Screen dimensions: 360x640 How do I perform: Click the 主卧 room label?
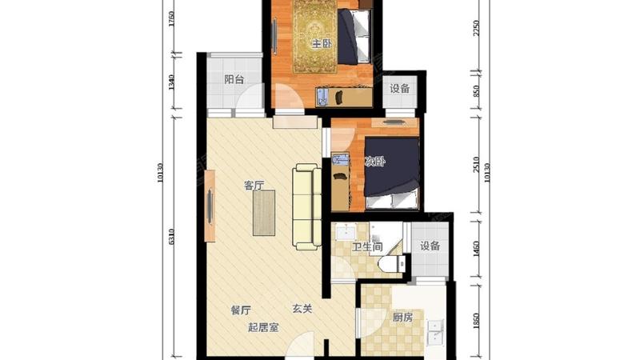[322, 44]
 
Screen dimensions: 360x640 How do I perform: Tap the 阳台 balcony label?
[234, 79]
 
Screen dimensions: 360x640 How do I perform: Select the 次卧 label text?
[375, 162]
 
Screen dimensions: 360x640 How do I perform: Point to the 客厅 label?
[254, 186]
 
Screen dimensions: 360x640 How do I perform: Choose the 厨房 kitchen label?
[402, 317]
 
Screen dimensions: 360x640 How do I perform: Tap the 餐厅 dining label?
[241, 310]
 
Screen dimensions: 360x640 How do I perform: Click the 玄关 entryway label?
[302, 310]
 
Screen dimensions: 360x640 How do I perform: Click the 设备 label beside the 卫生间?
[430, 246]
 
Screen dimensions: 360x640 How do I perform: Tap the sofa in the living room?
[306, 205]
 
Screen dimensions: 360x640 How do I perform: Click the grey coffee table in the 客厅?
[264, 212]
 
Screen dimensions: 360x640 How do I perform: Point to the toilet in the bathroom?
[392, 263]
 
